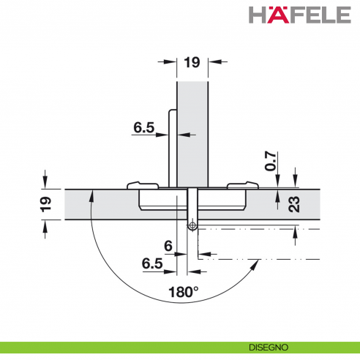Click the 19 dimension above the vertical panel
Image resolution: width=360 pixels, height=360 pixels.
(x=192, y=62)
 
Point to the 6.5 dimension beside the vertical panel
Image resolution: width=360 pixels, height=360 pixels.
(x=144, y=127)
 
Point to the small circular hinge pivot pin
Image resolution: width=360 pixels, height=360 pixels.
(x=192, y=226)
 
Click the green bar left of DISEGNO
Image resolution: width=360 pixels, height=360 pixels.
(x=110, y=348)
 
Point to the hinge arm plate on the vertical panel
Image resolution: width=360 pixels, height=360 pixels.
(x=172, y=146)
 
